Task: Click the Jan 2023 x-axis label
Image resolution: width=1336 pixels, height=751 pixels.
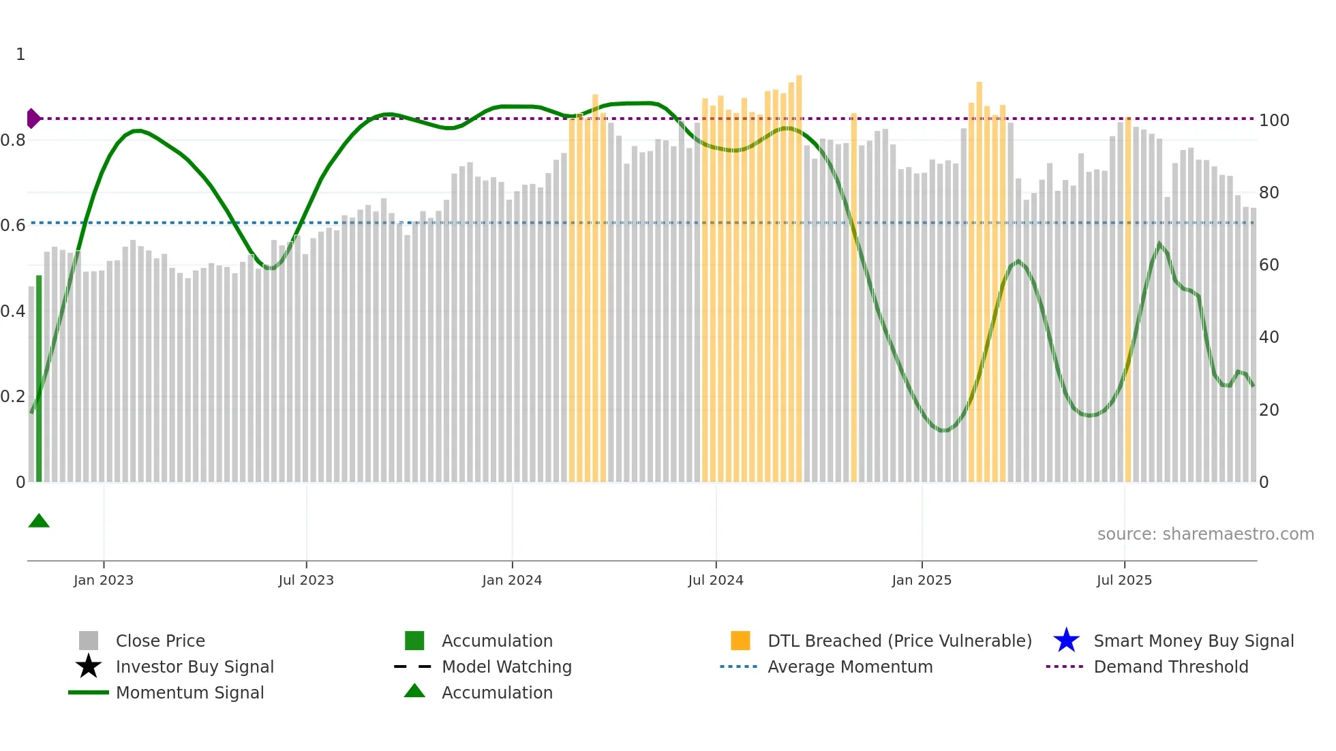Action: (104, 581)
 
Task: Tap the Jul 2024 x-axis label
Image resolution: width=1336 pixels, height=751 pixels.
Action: (716, 581)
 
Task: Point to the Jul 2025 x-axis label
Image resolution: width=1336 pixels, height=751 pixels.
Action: (1124, 581)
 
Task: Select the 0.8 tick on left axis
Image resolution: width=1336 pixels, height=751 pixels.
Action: (13, 140)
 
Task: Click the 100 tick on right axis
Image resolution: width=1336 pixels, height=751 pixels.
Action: (1274, 121)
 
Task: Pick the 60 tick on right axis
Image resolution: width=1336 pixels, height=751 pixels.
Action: (1269, 265)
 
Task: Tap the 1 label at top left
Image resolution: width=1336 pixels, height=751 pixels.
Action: (20, 55)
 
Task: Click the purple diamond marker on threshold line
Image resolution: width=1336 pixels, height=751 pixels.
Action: (33, 119)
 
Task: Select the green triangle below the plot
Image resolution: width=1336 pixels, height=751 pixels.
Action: (39, 521)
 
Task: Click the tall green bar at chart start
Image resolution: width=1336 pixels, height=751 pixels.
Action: (39, 379)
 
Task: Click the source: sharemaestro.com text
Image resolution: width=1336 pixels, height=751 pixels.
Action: (1205, 534)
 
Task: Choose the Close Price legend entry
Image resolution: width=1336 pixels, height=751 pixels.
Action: (160, 641)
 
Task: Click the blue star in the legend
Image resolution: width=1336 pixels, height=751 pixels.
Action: (1066, 641)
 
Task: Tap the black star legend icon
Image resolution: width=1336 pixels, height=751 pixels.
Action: (89, 666)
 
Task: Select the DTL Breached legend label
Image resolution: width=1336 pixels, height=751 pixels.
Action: (899, 641)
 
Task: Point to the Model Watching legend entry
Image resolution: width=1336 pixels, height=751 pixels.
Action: (506, 667)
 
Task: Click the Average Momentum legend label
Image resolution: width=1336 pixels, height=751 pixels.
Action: (850, 667)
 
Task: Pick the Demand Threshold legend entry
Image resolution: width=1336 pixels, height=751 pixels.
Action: (1170, 667)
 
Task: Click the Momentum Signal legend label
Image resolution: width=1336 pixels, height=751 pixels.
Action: (189, 693)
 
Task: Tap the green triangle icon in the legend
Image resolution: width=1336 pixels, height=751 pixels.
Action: (414, 692)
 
